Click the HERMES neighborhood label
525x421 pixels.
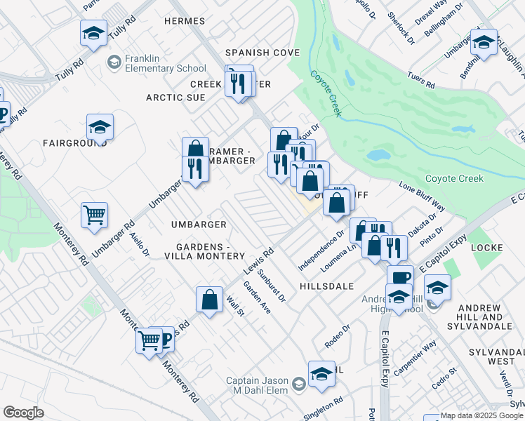click(x=184, y=21)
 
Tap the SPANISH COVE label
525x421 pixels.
click(x=262, y=53)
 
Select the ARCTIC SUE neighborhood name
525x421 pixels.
click(x=175, y=98)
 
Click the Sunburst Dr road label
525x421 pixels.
click(x=272, y=286)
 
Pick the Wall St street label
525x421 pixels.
click(x=234, y=306)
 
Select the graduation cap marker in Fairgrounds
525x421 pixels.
click(x=100, y=127)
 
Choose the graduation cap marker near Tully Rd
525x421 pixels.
click(x=93, y=32)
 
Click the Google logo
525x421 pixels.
click(x=24, y=413)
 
